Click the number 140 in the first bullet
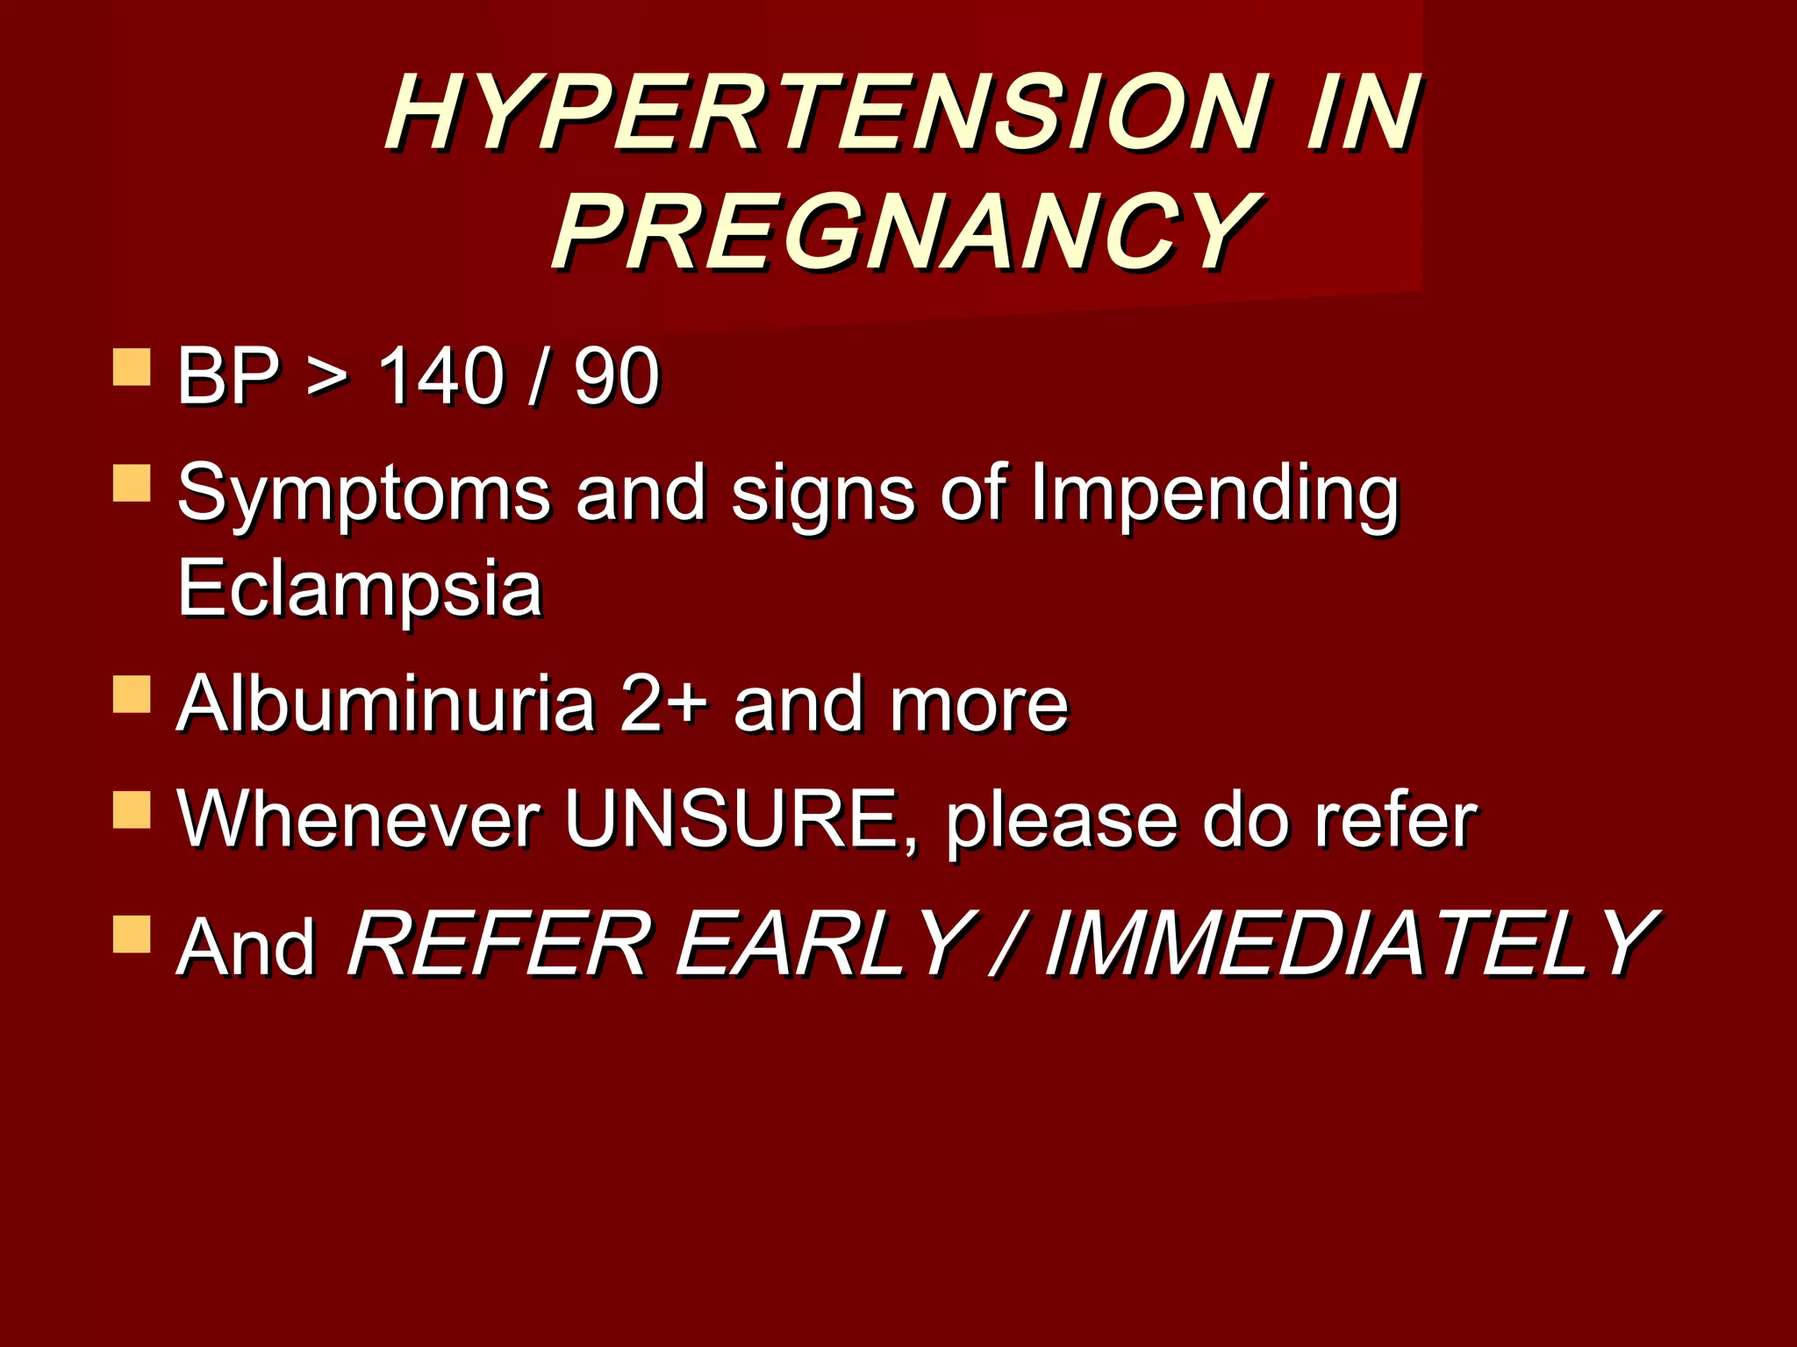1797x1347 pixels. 441,377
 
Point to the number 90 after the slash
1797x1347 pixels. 616,377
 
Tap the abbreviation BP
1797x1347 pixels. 228,377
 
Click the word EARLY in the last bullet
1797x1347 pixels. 825,944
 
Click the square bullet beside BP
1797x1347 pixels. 132,367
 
